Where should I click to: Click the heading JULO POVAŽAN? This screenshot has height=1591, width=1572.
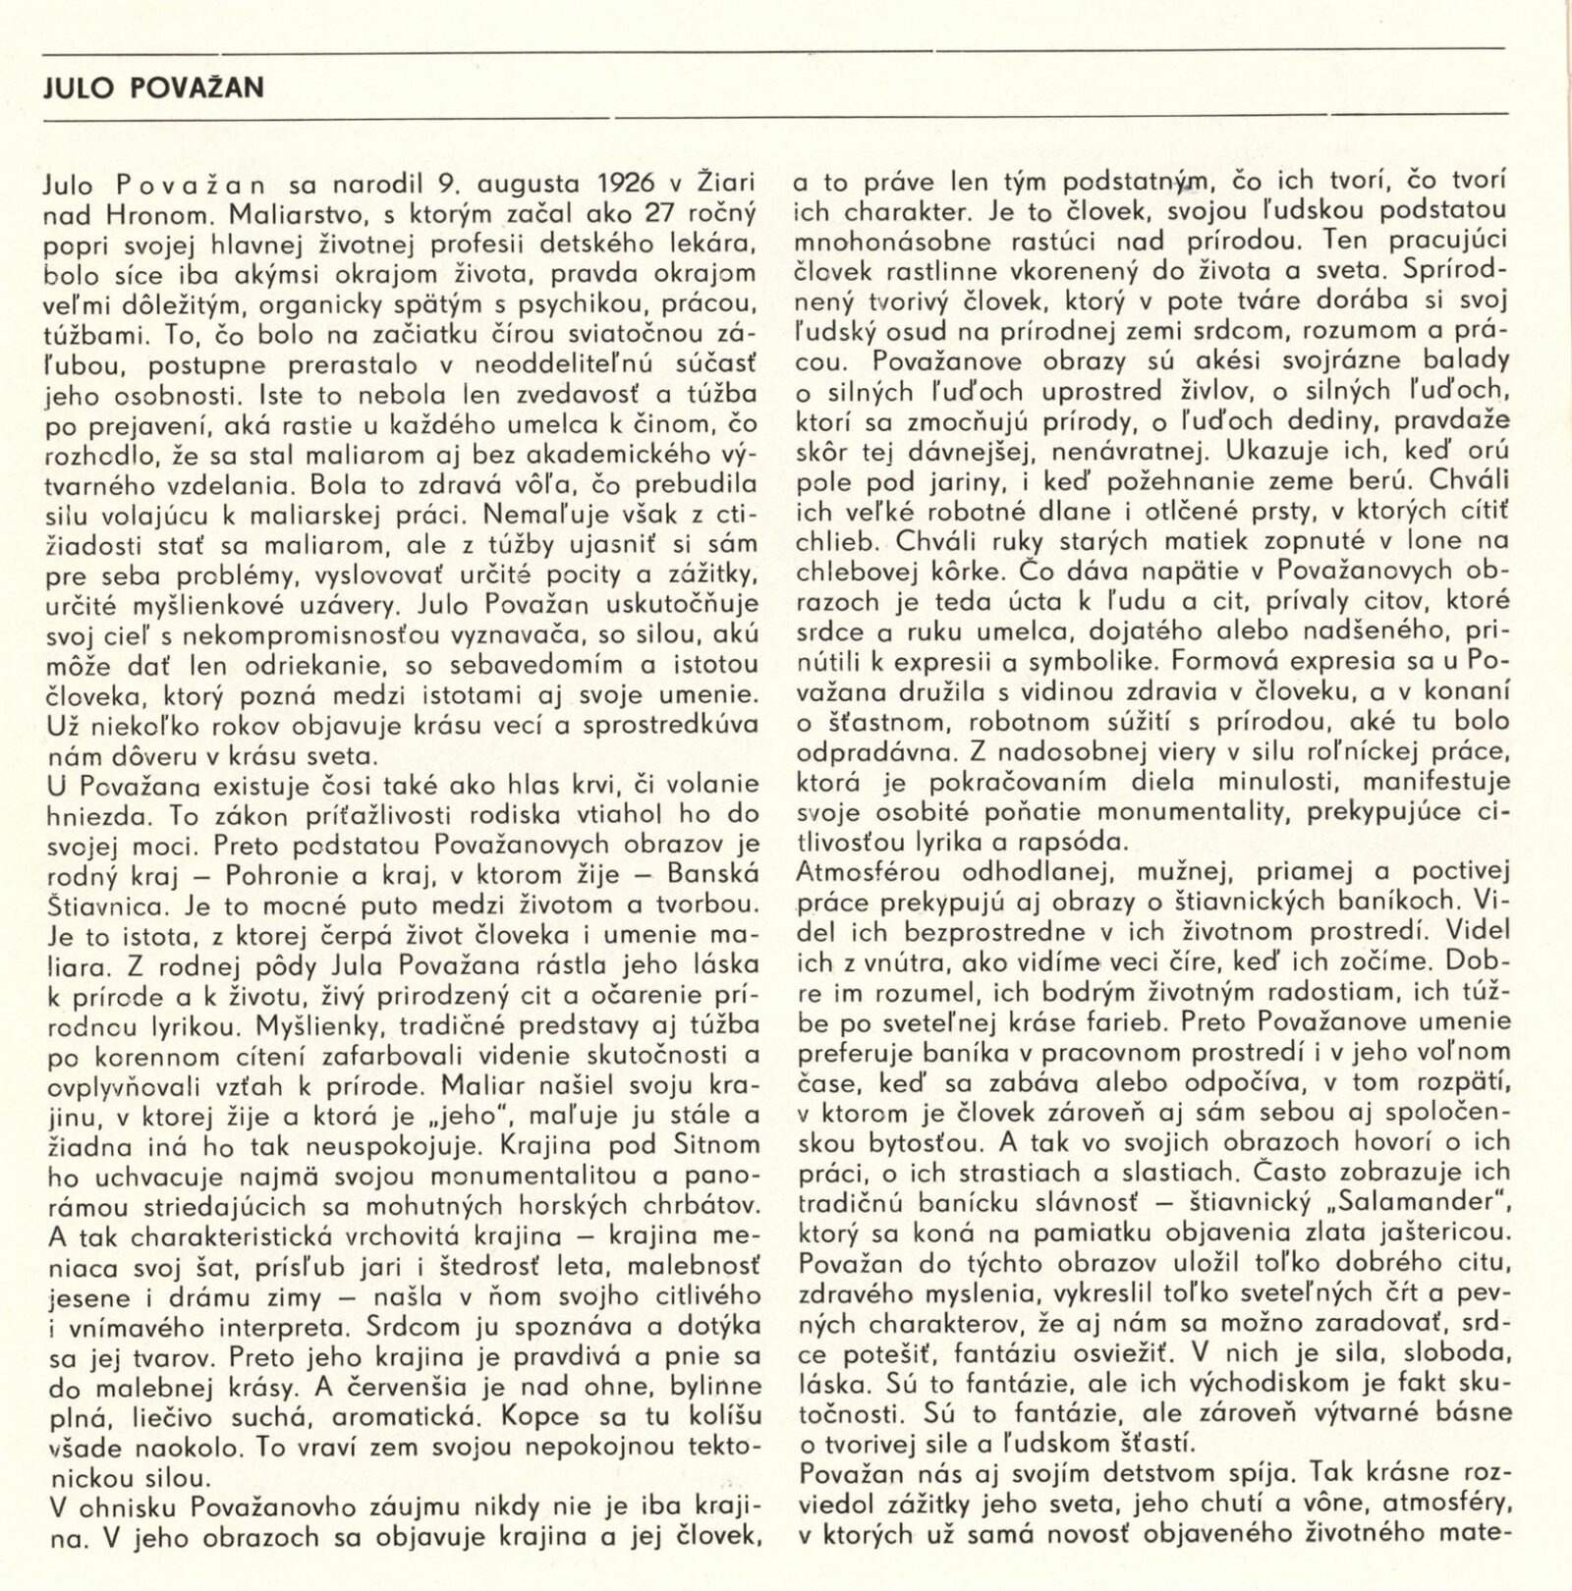pos(155,88)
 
